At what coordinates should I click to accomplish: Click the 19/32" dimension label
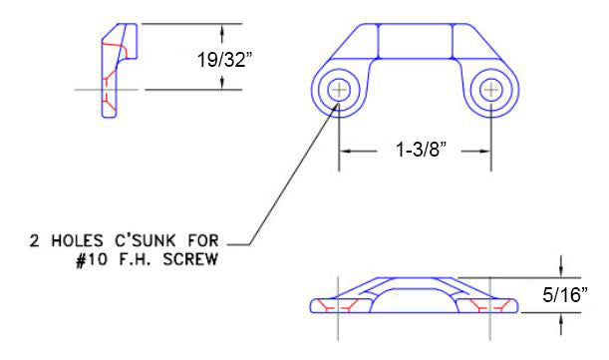click(x=225, y=60)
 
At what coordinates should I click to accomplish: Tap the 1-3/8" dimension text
click(x=421, y=150)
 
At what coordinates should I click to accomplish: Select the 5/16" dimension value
click(x=565, y=295)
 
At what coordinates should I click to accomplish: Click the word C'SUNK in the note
click(x=145, y=240)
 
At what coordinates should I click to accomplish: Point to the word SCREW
click(x=190, y=259)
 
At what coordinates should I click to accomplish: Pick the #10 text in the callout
click(x=91, y=259)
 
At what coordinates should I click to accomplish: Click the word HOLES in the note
click(x=77, y=241)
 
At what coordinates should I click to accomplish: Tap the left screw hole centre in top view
click(x=339, y=90)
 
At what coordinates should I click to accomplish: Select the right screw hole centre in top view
click(x=491, y=90)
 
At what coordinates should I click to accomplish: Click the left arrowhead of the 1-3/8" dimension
click(x=345, y=151)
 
